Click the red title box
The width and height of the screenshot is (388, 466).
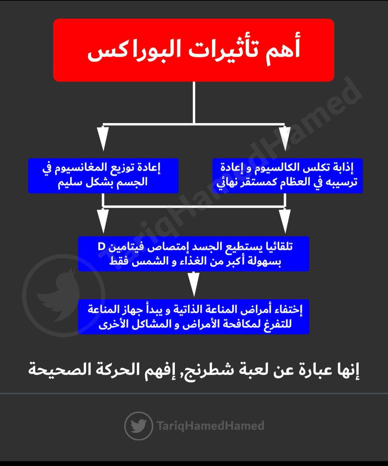[193, 50]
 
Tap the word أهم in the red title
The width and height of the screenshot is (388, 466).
[282, 52]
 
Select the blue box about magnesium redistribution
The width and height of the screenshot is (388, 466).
[103, 176]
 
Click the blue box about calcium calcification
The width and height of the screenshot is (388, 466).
[287, 176]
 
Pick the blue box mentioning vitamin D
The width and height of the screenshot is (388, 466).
[193, 254]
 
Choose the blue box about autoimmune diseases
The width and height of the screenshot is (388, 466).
[193, 316]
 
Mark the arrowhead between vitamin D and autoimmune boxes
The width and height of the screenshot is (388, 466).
[193, 287]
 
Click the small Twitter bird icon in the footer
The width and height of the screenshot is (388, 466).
[138, 426]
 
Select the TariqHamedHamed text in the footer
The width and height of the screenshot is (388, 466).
[211, 426]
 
